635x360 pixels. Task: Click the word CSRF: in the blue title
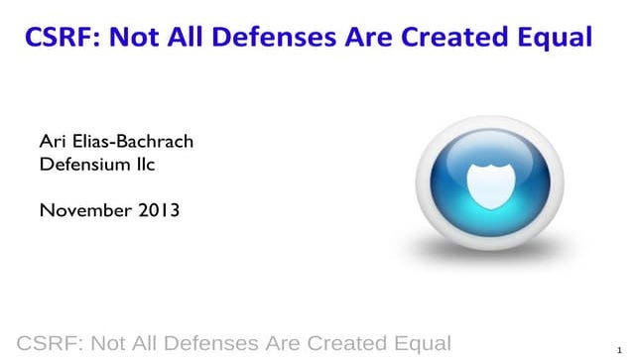click(59, 38)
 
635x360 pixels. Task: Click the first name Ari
click(51, 142)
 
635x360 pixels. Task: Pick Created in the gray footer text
click(340, 343)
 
